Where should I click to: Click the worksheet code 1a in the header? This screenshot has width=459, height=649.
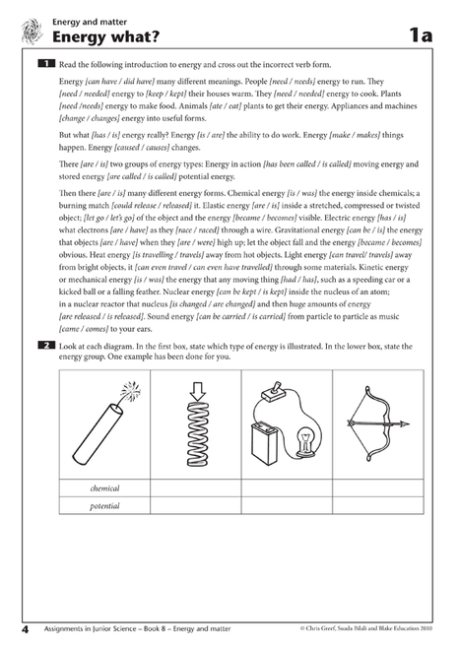[421, 36]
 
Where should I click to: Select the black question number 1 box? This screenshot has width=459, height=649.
[45, 63]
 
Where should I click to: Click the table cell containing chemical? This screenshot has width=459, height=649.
[104, 488]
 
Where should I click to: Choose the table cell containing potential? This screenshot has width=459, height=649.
[104, 505]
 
